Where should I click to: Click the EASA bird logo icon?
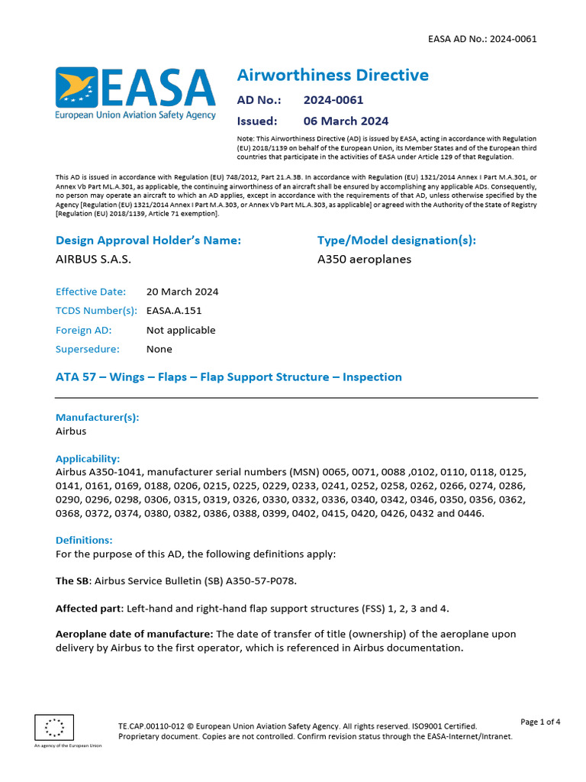[76, 86]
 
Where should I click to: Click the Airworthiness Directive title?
[333, 75]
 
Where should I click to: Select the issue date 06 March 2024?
[346, 121]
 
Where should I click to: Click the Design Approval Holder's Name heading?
[148, 241]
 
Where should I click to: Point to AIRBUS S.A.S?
[93, 260]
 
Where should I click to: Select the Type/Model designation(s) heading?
[396, 241]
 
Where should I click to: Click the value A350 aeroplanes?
[364, 260]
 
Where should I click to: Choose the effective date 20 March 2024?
[182, 292]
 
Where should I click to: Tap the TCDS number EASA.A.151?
[174, 311]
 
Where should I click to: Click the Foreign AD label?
[83, 330]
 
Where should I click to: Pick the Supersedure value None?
[159, 349]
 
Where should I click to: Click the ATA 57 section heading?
[228, 377]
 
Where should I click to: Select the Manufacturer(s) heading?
[97, 418]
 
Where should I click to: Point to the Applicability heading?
[88, 459]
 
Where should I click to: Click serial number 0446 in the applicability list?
[469, 512]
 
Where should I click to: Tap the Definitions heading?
[84, 540]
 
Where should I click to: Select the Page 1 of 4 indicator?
[540, 722]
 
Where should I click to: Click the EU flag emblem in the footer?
[54, 727]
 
